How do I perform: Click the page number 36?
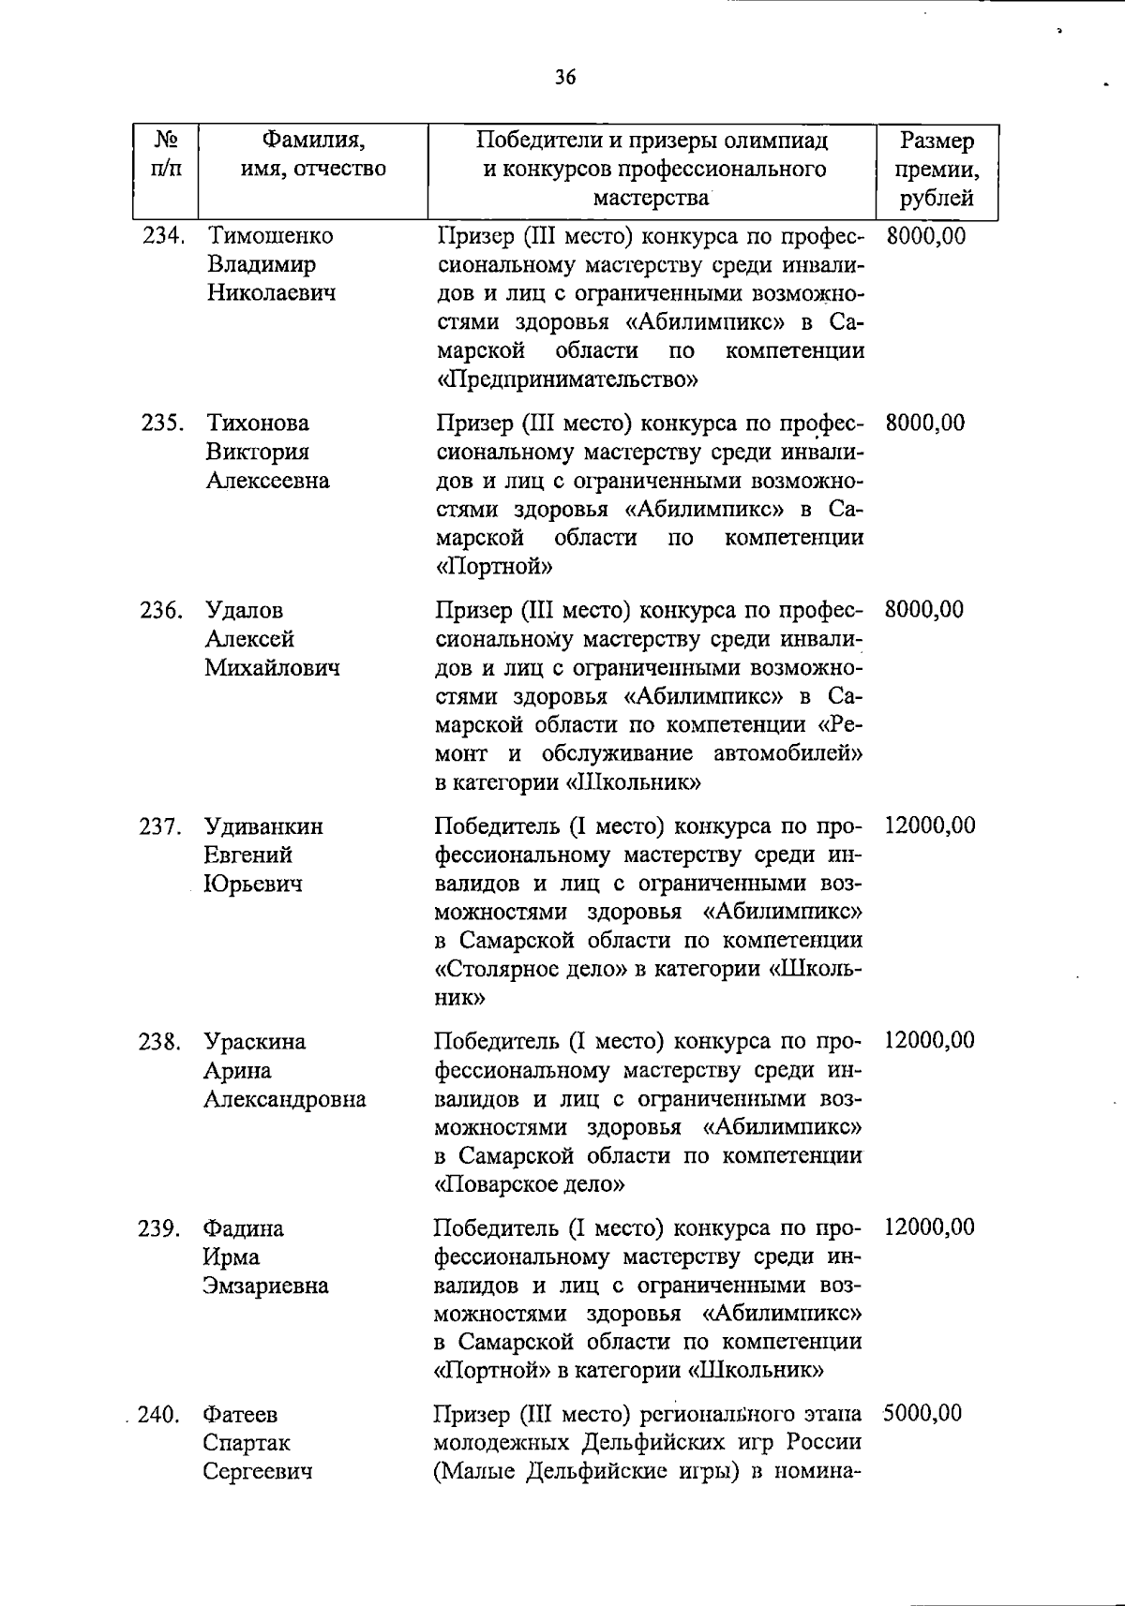564,77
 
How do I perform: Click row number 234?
161,235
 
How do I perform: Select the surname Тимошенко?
269,235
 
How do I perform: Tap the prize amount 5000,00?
922,1413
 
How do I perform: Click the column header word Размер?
937,141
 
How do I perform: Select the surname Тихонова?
258,423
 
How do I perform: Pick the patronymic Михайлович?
273,668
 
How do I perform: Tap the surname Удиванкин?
263,826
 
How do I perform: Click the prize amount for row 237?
929,825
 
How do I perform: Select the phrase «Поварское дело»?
531,1184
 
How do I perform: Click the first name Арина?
237,1070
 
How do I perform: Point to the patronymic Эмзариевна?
265,1286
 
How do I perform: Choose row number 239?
158,1227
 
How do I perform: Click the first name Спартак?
247,1442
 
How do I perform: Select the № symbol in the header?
165,141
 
